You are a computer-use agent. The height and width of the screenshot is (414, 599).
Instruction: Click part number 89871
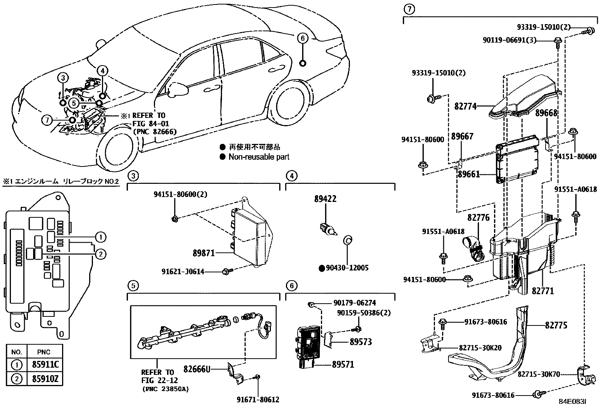[x=204, y=253]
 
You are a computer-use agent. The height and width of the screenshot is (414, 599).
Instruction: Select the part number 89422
[x=325, y=199]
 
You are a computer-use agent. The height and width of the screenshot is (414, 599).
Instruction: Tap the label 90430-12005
[x=347, y=268]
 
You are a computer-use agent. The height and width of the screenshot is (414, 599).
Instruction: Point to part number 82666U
[x=196, y=369]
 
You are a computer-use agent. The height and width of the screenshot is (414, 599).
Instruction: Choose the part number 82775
[x=556, y=325]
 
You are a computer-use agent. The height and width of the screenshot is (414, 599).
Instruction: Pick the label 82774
[x=465, y=107]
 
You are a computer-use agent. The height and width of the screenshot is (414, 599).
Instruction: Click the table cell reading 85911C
[x=44, y=365]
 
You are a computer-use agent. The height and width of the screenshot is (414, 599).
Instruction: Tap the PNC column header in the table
[x=44, y=352]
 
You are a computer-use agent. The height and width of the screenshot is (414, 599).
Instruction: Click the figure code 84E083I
[x=572, y=402]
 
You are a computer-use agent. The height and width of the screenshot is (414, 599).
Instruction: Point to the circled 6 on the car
[x=302, y=38]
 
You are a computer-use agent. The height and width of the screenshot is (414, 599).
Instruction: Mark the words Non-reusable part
[x=259, y=157]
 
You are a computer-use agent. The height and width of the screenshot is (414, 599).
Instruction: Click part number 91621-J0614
[x=183, y=271]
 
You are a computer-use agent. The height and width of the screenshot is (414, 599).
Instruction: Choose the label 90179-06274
[x=354, y=303]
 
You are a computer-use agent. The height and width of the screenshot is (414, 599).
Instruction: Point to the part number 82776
[x=479, y=218]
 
